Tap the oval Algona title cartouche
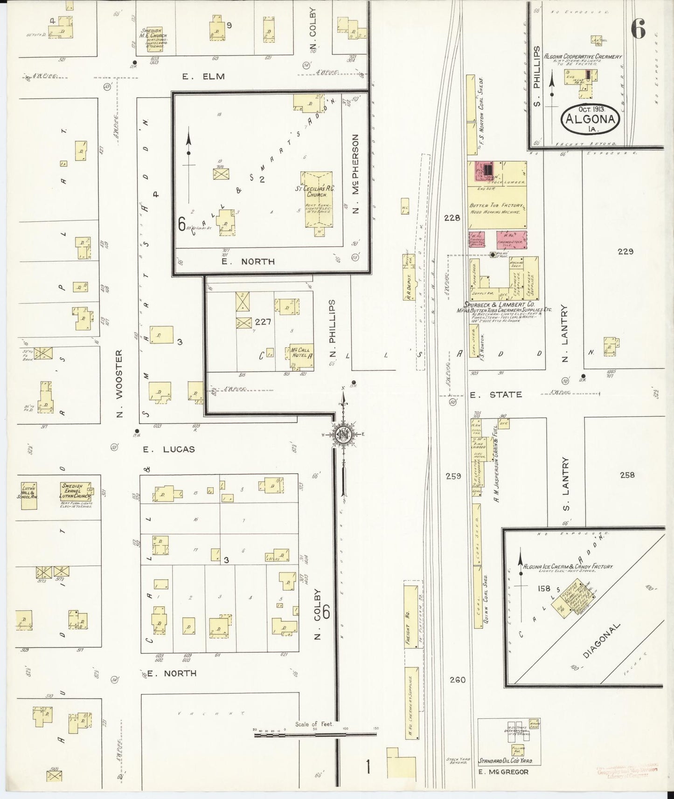[x=591, y=119]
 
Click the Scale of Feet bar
[x=315, y=735]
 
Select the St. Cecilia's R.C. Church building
[x=319, y=199]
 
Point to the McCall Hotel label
[x=300, y=353]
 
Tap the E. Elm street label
[x=204, y=76]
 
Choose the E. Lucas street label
[x=169, y=450]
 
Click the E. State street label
[x=496, y=395]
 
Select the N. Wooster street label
[x=119, y=383]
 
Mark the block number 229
[x=625, y=252]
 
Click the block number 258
[x=627, y=475]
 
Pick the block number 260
[x=458, y=680]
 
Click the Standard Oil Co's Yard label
[x=508, y=761]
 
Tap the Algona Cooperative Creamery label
[x=583, y=56]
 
